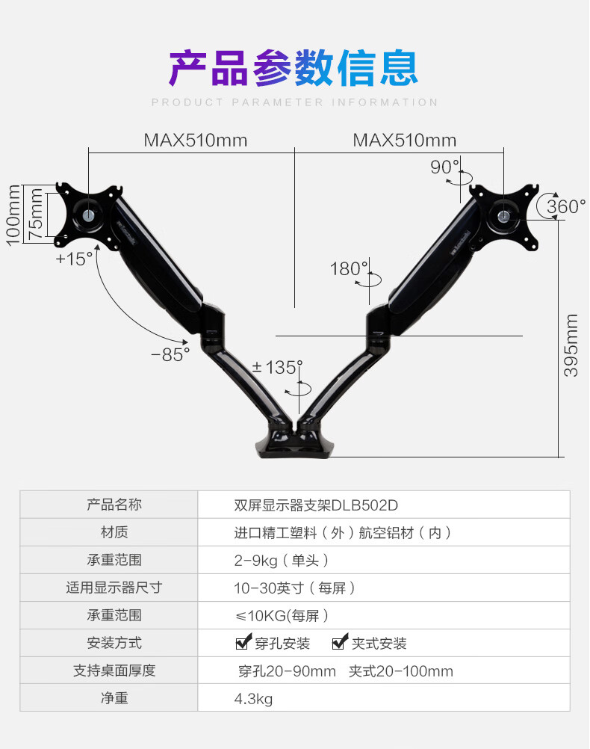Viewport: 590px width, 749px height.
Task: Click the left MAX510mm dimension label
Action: [196, 141]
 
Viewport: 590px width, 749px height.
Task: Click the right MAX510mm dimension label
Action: [405, 141]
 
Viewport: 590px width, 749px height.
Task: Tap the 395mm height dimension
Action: [571, 345]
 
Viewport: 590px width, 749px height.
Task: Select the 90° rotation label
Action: [444, 167]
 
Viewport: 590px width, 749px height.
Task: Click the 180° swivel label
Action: [349, 268]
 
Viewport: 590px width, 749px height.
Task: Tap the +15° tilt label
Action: [75, 259]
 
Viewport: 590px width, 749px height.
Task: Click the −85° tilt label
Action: [170, 355]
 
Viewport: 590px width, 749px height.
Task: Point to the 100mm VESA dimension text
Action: [13, 215]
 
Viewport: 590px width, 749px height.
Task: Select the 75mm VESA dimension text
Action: [35, 214]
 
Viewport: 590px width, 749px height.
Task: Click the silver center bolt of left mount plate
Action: [88, 215]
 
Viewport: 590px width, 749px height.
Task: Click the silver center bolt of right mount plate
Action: [503, 215]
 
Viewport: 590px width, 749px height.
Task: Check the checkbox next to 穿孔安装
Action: [243, 642]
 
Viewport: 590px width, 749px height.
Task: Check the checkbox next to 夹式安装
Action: [340, 642]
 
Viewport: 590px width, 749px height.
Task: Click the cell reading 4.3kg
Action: [253, 698]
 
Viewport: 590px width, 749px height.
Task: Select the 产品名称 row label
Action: [114, 505]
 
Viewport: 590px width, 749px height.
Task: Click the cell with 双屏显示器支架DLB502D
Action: [315, 505]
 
